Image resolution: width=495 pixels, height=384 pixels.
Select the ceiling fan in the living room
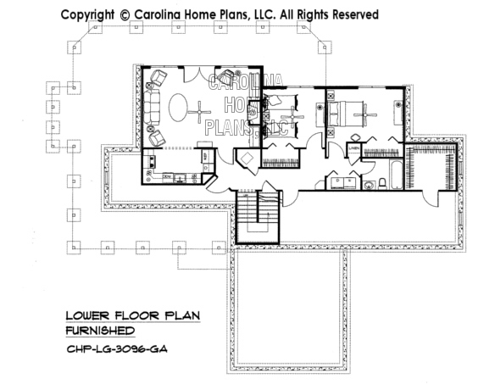pos(200,109)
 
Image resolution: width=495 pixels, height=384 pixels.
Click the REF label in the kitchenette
pos(205,158)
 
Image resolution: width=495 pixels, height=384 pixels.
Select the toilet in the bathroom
pos(370,184)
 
